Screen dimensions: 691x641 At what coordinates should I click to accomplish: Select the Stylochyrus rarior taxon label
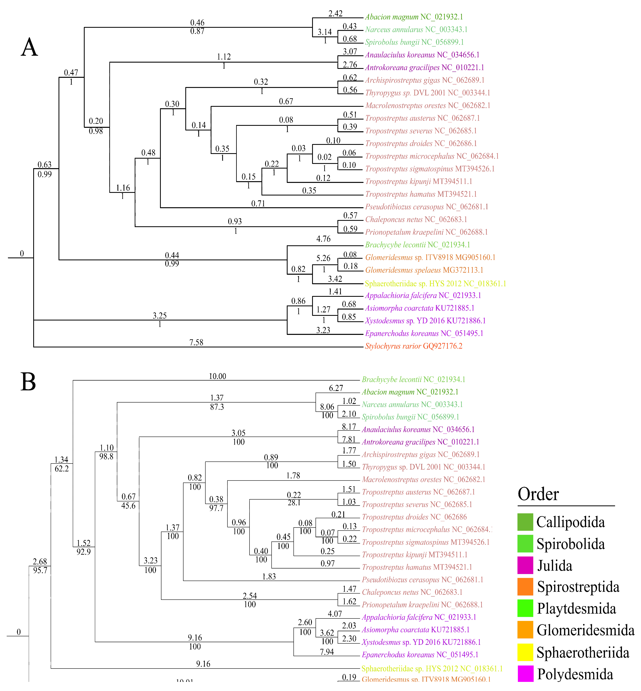(413, 346)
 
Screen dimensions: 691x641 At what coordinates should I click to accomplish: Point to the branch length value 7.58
(196, 343)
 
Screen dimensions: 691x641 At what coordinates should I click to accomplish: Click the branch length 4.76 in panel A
(323, 239)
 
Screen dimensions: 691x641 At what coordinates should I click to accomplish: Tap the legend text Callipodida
(570, 522)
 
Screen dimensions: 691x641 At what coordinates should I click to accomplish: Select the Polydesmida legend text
(575, 674)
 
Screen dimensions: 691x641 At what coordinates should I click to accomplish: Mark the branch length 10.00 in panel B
(218, 376)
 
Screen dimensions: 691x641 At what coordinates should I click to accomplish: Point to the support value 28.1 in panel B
(294, 503)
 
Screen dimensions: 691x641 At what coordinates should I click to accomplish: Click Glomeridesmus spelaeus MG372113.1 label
(424, 270)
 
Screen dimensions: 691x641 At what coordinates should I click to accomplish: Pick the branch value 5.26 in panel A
(323, 258)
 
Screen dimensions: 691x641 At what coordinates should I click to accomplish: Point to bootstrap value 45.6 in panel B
(128, 506)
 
